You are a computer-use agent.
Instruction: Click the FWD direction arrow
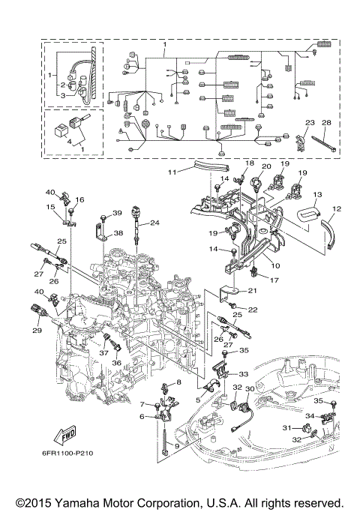pyautogui.click(x=65, y=436)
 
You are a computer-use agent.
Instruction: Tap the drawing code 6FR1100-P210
pyautogui.click(x=67, y=454)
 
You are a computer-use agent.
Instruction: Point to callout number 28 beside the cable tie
pyautogui.click(x=326, y=122)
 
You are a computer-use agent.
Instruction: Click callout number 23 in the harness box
pyautogui.click(x=310, y=122)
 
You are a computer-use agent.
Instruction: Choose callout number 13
pyautogui.click(x=317, y=194)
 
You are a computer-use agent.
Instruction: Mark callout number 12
pyautogui.click(x=337, y=208)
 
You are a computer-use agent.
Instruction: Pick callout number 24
pyautogui.click(x=154, y=223)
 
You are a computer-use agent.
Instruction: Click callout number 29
pyautogui.click(x=37, y=330)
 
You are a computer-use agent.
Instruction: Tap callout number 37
pyautogui.click(x=103, y=353)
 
